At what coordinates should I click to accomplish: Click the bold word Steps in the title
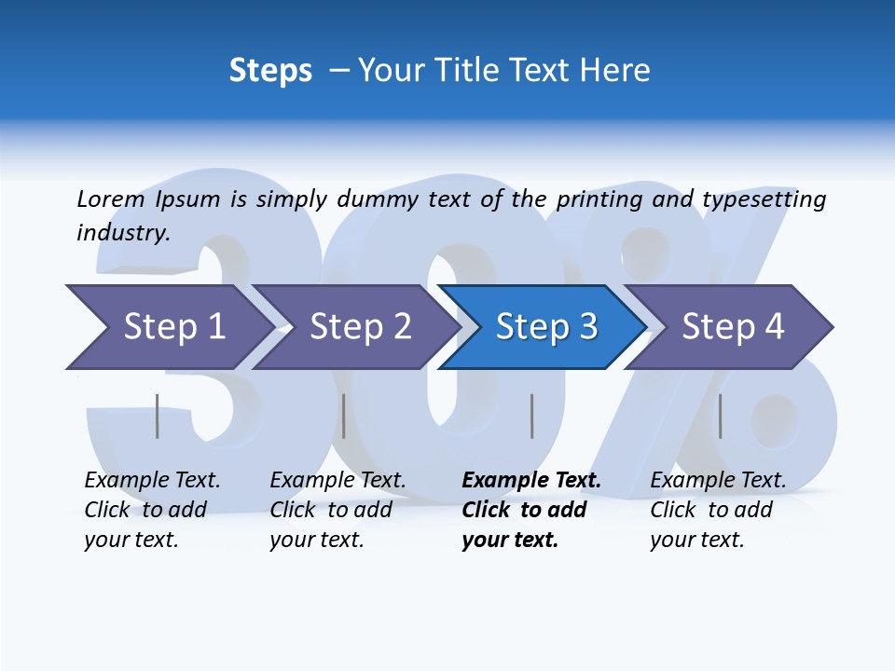(270, 71)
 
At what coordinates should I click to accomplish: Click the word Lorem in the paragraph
(110, 199)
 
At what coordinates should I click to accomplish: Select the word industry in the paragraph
(123, 233)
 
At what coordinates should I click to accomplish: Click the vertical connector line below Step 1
(158, 416)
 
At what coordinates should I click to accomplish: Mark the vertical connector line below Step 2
(344, 416)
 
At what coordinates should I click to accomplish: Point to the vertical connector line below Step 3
(532, 416)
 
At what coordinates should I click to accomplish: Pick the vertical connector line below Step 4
(720, 416)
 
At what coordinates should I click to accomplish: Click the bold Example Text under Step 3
(531, 481)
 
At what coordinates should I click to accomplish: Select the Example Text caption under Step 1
(152, 481)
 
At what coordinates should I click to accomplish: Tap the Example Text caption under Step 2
(337, 481)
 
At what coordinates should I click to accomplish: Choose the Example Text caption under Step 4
(718, 481)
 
